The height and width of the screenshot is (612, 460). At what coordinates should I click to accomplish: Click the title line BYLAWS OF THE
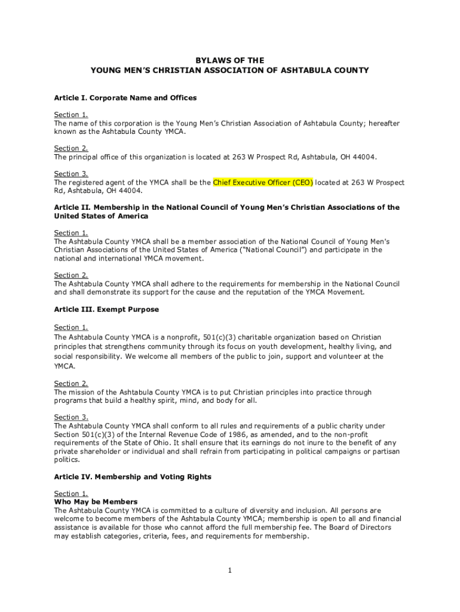(x=230, y=60)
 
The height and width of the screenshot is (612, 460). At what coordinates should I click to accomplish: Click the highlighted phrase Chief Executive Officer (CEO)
(x=263, y=183)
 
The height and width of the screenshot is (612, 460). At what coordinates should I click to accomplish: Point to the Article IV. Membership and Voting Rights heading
(x=133, y=477)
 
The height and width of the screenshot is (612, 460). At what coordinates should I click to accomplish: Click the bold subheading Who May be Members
(x=96, y=502)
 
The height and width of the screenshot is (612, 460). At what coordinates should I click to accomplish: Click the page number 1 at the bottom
(x=229, y=571)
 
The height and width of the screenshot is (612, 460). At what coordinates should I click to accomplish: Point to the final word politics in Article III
(x=66, y=460)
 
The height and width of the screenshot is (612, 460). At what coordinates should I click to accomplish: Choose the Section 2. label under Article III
(x=71, y=384)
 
